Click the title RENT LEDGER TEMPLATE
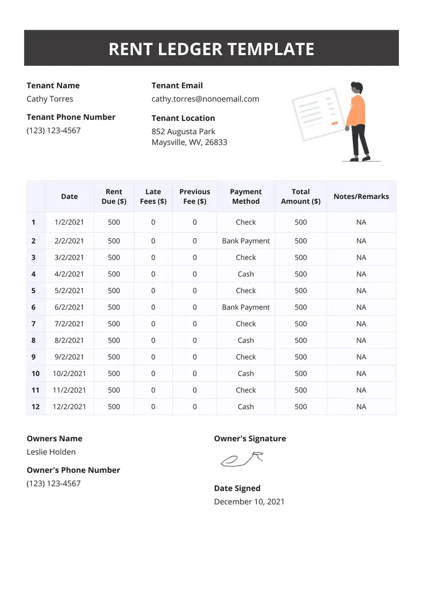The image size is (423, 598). point(211,49)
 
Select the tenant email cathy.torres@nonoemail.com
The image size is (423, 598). point(205,99)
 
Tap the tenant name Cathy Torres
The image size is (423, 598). point(50,99)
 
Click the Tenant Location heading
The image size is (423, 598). point(183,118)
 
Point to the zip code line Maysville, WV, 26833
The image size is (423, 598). point(189,142)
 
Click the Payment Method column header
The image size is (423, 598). point(246,196)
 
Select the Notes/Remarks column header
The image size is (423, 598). point(361,196)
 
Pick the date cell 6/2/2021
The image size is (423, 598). point(69,307)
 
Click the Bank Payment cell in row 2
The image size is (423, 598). point(246,241)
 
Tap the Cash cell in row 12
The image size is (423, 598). point(246,407)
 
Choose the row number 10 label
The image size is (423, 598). point(35,373)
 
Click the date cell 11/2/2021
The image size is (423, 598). point(69,390)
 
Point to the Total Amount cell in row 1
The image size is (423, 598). point(300,222)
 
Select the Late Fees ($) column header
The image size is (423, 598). point(153,196)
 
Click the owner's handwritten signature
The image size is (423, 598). point(243,458)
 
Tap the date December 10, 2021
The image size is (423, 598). point(249,502)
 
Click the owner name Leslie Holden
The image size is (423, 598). point(51,452)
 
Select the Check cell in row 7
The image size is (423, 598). point(246,324)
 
